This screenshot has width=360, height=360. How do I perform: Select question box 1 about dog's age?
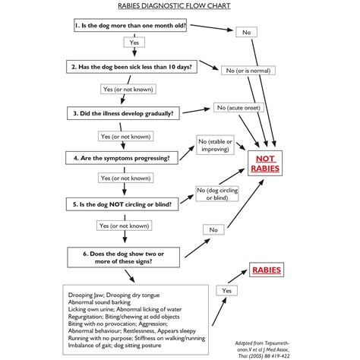131,26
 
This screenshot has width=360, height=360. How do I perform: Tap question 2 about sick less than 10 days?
131,67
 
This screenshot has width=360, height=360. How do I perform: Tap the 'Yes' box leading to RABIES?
225,290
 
